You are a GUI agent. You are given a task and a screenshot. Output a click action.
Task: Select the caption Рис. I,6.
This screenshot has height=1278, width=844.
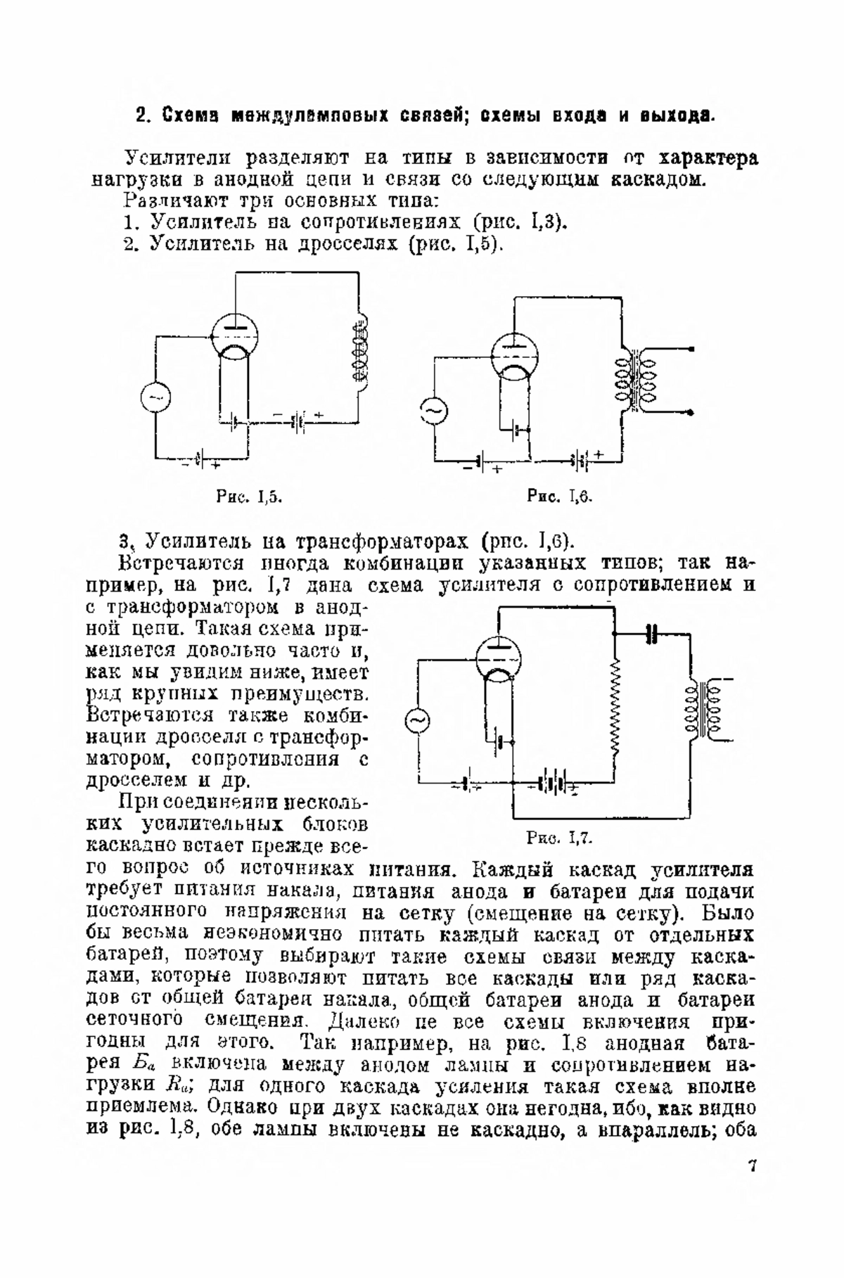pyautogui.click(x=561, y=497)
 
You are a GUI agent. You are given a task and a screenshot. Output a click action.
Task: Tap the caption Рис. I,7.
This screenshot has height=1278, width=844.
pyautogui.click(x=561, y=837)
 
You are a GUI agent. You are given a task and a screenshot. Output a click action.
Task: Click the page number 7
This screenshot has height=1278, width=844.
pyautogui.click(x=751, y=1167)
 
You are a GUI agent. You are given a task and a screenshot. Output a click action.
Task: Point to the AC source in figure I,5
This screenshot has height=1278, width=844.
pyautogui.click(x=155, y=398)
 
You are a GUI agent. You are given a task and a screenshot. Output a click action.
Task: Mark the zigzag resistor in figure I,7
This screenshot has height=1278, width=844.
pyautogui.click(x=615, y=710)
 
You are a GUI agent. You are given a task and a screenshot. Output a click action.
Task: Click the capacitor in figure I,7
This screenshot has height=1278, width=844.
pyautogui.click(x=652, y=634)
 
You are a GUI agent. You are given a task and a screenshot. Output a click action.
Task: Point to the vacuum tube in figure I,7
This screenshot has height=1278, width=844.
pyautogui.click(x=498, y=658)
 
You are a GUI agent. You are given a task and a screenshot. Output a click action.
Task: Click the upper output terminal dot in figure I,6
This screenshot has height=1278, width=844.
pyautogui.click(x=693, y=350)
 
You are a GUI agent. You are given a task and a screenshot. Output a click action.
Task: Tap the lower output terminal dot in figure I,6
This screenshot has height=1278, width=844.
pyautogui.click(x=693, y=412)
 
